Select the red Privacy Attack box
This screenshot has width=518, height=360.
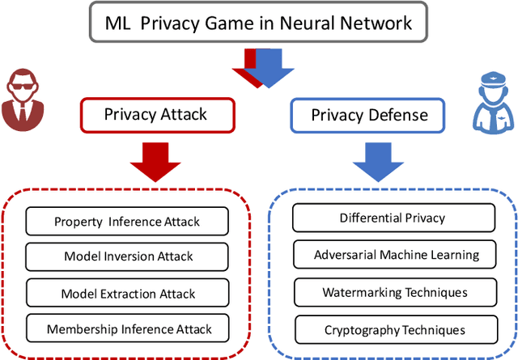(x=155, y=114)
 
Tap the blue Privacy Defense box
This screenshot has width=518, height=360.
(x=369, y=115)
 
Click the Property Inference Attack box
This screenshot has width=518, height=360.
(x=127, y=221)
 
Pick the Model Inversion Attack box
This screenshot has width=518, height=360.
(x=127, y=256)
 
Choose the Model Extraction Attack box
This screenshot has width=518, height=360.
(x=127, y=293)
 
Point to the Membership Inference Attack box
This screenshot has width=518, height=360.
(x=127, y=328)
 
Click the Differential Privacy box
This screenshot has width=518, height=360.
(x=393, y=218)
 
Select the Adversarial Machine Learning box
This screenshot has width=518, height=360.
(x=393, y=255)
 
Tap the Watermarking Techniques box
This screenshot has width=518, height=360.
(x=393, y=292)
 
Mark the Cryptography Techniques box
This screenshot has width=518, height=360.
(x=393, y=329)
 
